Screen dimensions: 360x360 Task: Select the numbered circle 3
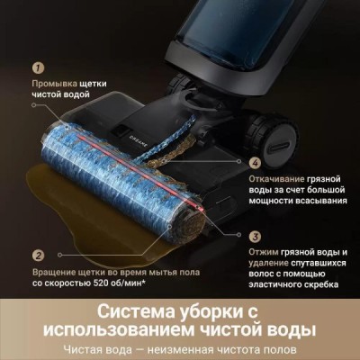point(255,236)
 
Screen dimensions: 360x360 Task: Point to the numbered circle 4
point(255,163)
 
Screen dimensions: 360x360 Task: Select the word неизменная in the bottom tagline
point(189,349)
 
